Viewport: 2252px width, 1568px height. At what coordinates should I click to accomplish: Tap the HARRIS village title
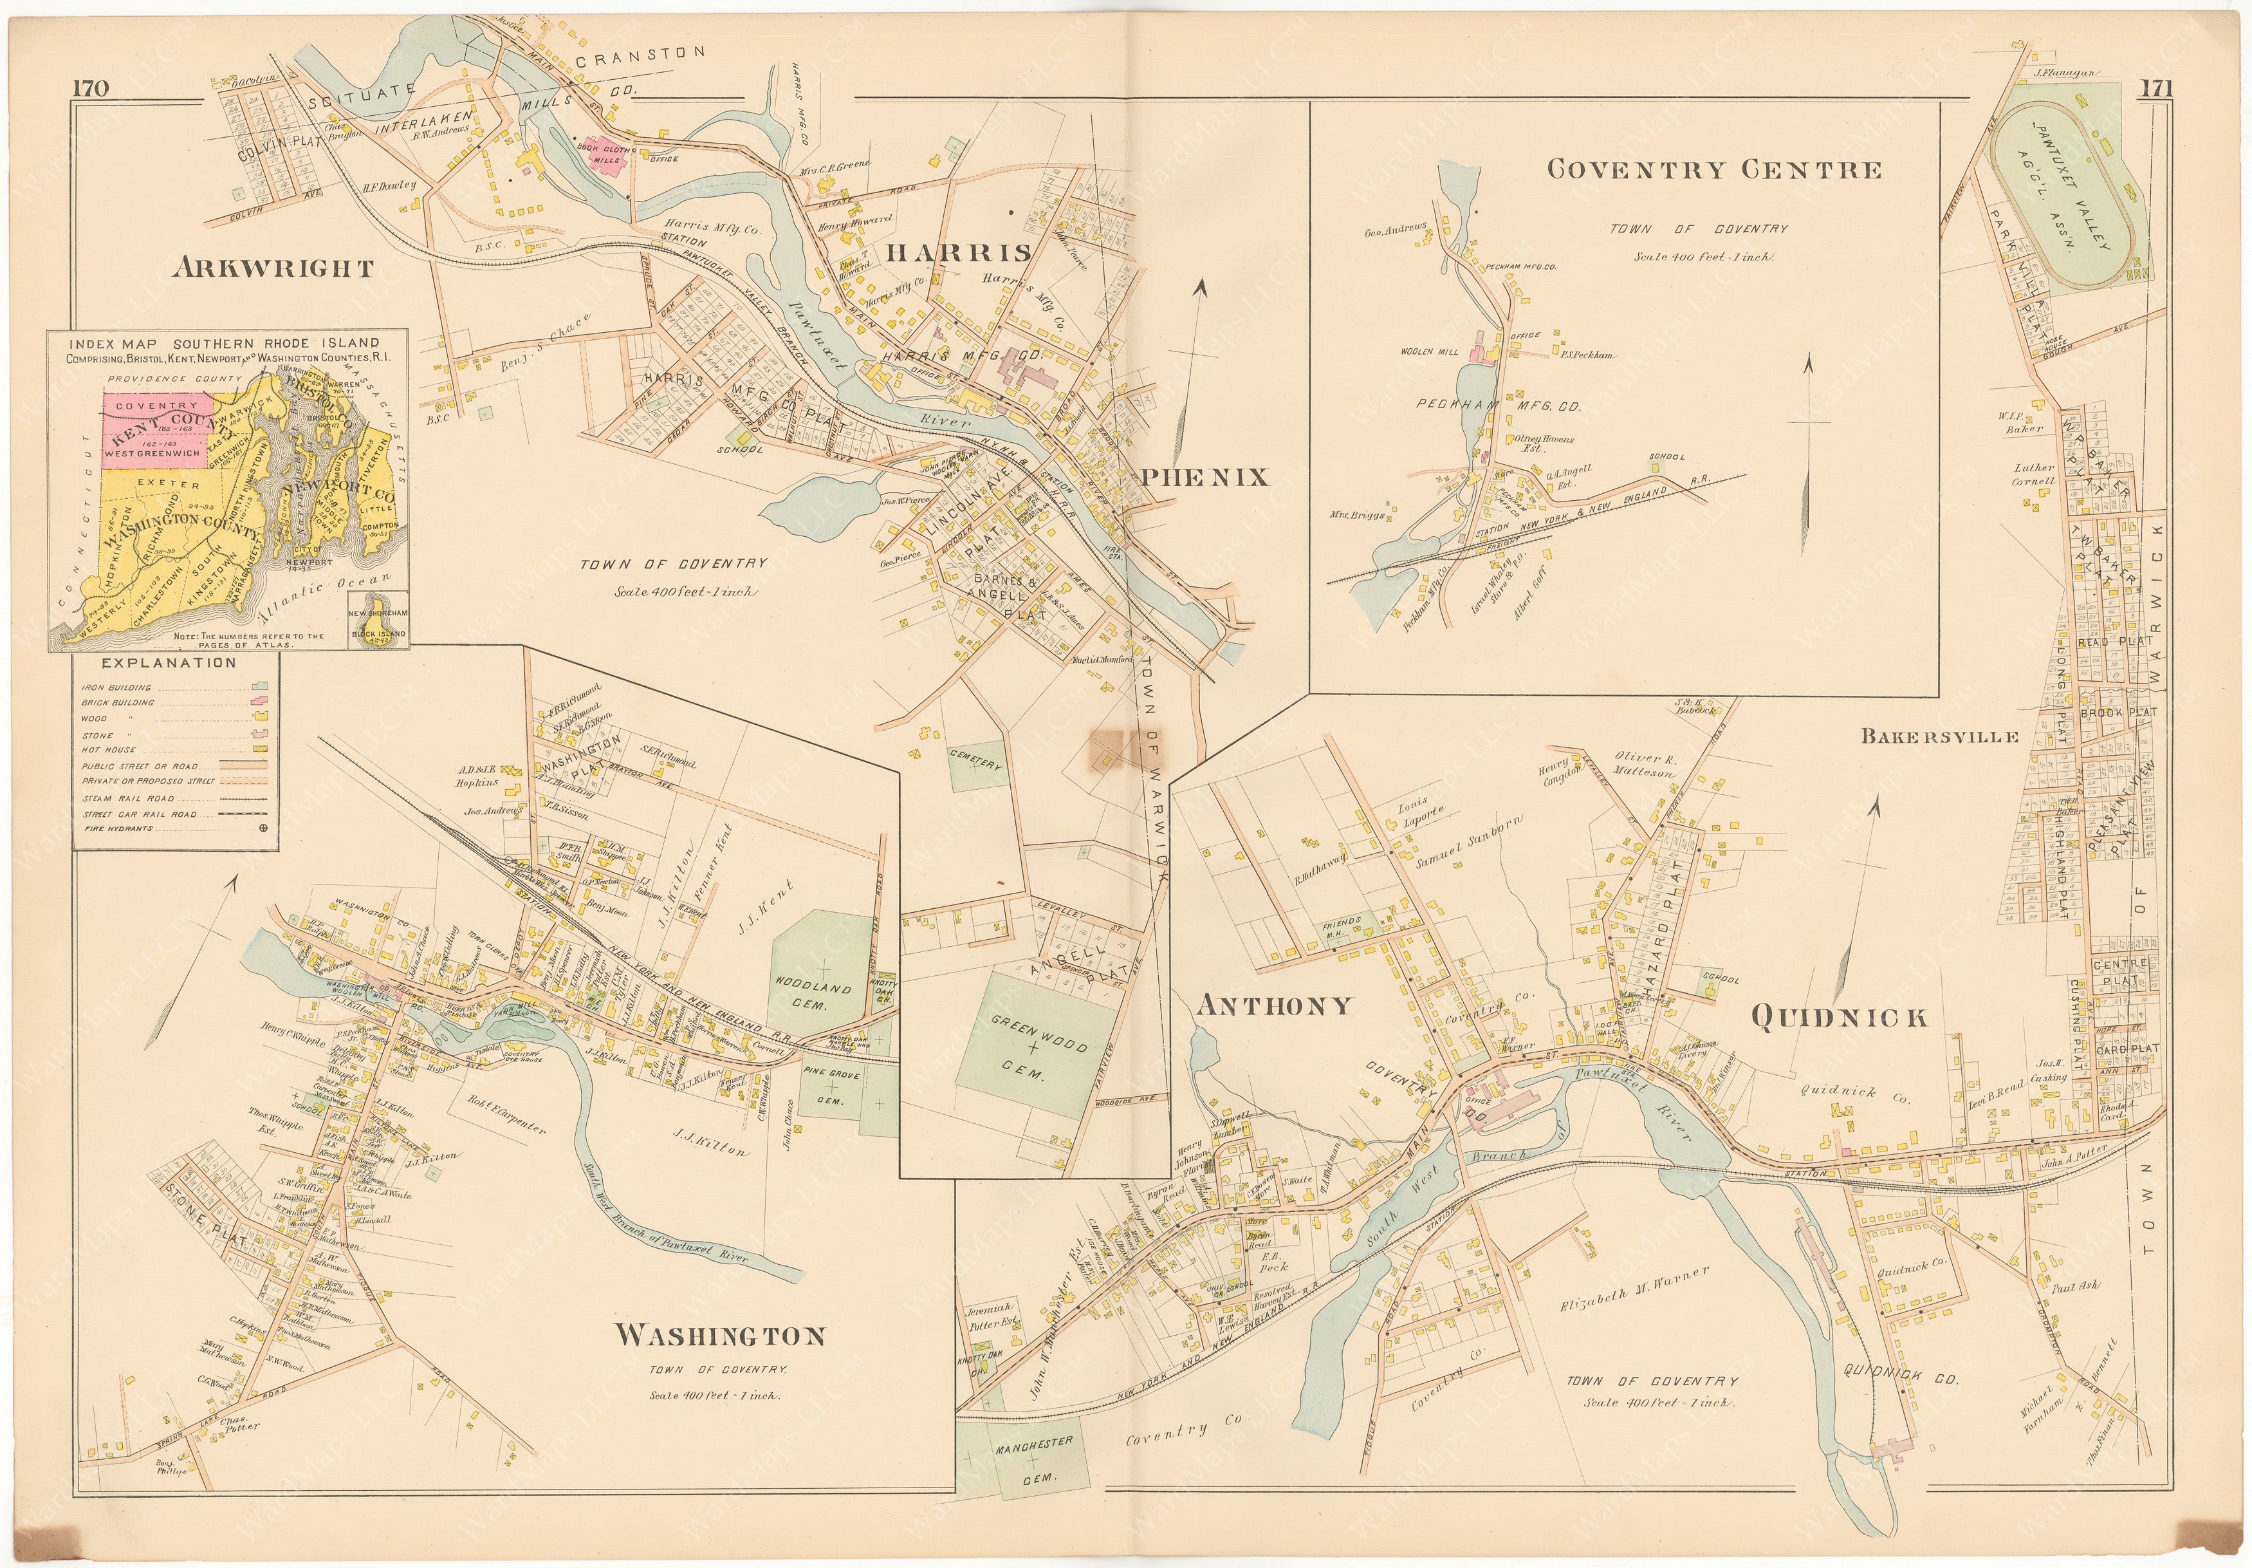958,253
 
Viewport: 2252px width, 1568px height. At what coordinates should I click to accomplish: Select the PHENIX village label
1204,478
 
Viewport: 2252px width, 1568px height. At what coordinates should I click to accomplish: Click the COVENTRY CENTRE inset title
1713,170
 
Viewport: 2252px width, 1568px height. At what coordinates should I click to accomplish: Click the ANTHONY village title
1273,1005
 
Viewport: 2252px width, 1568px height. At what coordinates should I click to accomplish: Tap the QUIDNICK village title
1838,1018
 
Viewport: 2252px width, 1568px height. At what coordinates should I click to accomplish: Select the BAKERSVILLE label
1939,736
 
